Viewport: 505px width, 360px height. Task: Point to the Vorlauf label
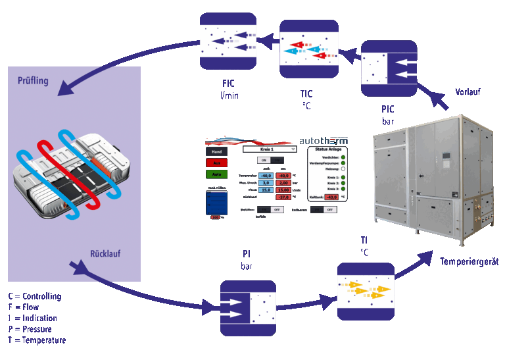tap(468, 91)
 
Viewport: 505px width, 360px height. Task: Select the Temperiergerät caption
tap(469, 261)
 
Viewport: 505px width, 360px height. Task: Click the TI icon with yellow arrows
tap(365, 291)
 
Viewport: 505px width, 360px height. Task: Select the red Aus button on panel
tap(218, 162)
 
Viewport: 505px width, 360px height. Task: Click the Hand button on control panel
tap(218, 151)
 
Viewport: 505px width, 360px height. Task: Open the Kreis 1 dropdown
tap(270, 149)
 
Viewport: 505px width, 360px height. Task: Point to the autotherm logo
tap(323, 141)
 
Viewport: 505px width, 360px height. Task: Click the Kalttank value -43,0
tap(331, 197)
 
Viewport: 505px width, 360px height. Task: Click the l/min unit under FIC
tap(229, 95)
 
